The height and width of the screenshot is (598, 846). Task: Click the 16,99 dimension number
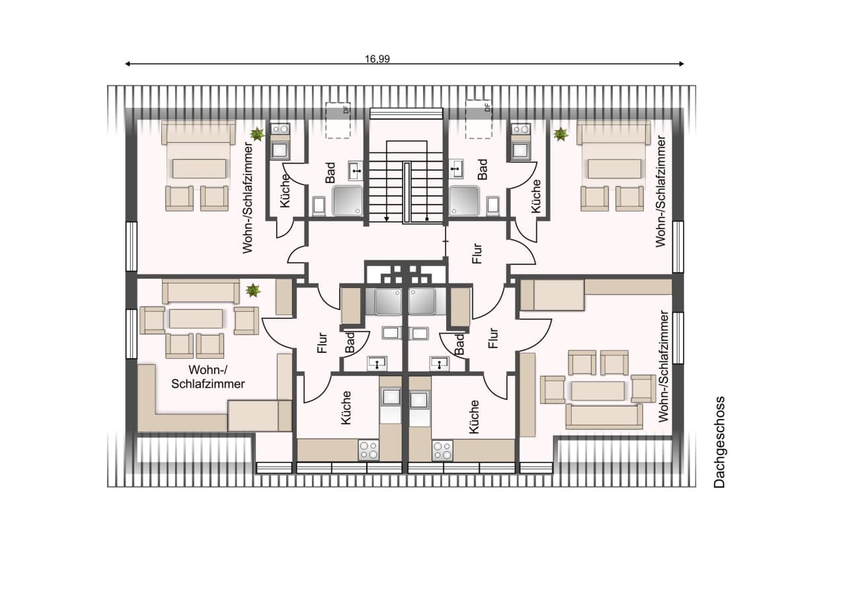point(377,59)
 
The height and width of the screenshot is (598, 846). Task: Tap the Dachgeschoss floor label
point(719,442)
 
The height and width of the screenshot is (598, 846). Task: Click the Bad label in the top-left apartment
point(330,173)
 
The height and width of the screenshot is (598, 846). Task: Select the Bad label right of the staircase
point(482,169)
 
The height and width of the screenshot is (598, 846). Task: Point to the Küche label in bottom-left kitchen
point(346,408)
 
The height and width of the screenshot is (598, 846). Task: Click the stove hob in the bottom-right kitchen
point(442,451)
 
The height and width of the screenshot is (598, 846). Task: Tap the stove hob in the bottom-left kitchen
point(369,450)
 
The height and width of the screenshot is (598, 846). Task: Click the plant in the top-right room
point(561,134)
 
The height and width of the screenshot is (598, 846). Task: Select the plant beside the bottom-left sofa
point(253,291)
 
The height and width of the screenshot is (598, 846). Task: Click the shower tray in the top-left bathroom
point(348,201)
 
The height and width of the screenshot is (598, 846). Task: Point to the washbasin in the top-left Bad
point(355,170)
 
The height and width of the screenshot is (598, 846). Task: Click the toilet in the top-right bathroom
point(493,206)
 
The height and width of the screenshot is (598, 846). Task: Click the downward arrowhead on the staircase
point(387,219)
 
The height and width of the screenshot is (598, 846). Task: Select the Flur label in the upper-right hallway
point(477,253)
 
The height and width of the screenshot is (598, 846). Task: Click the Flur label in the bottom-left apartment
point(322,343)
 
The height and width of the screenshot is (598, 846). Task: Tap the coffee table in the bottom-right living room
point(597,391)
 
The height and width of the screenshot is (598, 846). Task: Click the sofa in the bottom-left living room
point(200,291)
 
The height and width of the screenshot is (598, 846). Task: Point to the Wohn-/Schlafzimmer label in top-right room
point(661,192)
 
